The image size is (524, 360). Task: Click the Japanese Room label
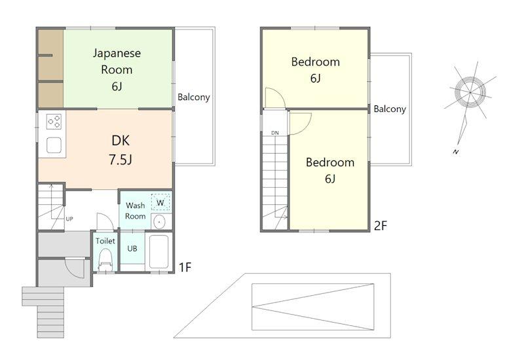(x=117, y=69)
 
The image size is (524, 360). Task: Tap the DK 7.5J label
(x=121, y=150)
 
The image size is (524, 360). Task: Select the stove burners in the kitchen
(x=54, y=122)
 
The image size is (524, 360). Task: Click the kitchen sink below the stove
(x=54, y=145)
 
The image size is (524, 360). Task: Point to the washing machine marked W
(x=160, y=202)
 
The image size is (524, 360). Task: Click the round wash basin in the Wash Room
(x=160, y=221)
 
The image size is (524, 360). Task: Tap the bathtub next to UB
(x=159, y=251)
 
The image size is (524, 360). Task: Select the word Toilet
(x=105, y=241)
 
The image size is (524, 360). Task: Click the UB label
(x=132, y=249)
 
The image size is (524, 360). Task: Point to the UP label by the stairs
(x=69, y=219)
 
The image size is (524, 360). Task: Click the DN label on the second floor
(x=274, y=133)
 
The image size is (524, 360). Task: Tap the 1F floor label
(x=185, y=267)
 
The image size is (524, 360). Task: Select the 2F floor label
(x=381, y=226)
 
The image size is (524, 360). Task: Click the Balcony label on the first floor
(x=193, y=97)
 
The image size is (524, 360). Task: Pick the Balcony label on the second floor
(x=390, y=109)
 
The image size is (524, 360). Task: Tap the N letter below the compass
(x=456, y=152)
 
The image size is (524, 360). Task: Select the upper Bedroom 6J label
(x=316, y=69)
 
